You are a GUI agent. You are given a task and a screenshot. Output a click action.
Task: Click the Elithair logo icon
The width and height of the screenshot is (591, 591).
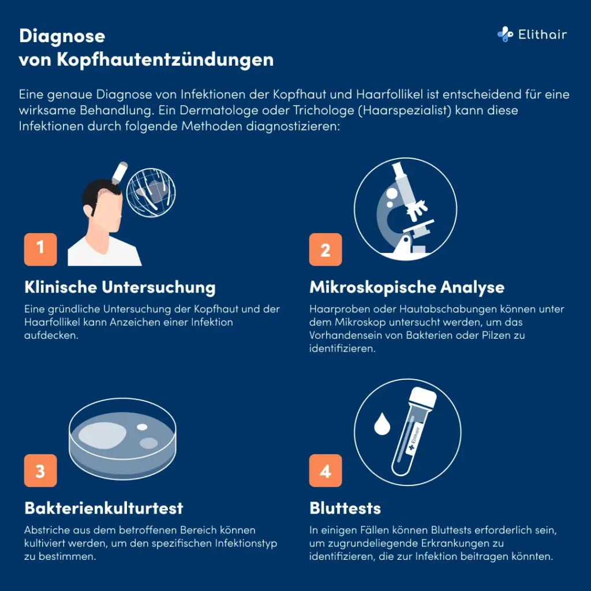[x=505, y=35]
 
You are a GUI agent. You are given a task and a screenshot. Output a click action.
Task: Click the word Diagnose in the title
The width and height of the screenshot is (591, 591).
[x=62, y=36]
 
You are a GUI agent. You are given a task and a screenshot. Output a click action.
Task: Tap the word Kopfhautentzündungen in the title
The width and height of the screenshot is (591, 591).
[x=165, y=60]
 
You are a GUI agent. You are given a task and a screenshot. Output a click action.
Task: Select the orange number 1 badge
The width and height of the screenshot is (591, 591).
[x=40, y=249]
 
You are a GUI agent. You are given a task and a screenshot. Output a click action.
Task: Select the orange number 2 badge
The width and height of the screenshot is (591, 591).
[x=326, y=249]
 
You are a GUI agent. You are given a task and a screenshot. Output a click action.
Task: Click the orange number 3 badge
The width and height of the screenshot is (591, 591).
[x=40, y=470]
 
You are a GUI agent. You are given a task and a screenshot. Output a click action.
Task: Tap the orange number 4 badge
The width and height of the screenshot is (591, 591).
[x=326, y=470]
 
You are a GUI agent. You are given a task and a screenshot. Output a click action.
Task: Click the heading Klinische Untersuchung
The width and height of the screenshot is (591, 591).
[x=119, y=287]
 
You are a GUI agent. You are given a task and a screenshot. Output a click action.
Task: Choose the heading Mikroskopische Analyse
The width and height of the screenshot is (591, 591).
[x=406, y=287]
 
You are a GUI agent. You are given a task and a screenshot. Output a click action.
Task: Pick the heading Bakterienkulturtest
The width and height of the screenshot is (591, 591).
[x=103, y=508]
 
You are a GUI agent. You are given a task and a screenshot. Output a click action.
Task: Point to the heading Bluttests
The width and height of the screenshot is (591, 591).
[x=345, y=508]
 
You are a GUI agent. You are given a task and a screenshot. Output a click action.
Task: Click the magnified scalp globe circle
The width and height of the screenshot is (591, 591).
[x=151, y=192]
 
